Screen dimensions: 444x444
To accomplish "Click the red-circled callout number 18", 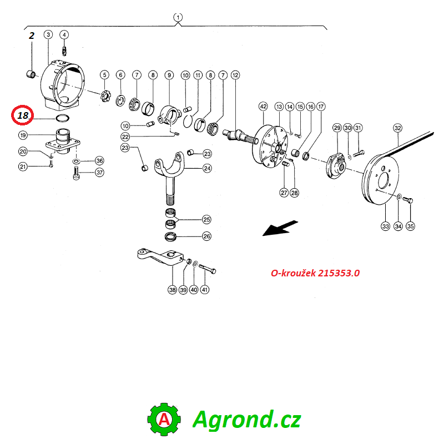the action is (23, 115).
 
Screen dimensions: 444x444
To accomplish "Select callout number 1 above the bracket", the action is (178, 17).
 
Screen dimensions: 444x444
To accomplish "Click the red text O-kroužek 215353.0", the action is (315, 273).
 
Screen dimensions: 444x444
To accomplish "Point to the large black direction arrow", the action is (280, 228).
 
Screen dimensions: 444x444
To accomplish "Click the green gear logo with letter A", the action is (164, 420).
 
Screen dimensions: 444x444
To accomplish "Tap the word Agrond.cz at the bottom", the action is (246, 419).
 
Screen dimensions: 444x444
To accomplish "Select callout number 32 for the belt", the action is (398, 128).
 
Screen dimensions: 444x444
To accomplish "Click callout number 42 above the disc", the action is (263, 107).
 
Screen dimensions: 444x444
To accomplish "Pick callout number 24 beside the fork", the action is (207, 168).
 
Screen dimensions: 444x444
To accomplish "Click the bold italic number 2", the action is (32, 36).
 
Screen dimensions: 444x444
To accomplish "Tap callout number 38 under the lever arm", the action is (173, 290).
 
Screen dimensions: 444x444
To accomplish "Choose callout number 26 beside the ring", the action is (206, 236).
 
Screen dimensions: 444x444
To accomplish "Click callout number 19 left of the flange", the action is (23, 135).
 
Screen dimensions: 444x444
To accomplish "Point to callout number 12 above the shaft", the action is (235, 75).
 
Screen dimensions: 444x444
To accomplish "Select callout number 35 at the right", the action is (410, 226).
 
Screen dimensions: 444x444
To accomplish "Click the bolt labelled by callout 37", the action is (77, 173).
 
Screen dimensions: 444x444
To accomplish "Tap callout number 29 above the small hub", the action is (337, 128).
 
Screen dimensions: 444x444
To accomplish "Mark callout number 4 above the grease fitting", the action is (64, 35).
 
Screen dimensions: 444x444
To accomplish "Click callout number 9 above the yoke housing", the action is (169, 75).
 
